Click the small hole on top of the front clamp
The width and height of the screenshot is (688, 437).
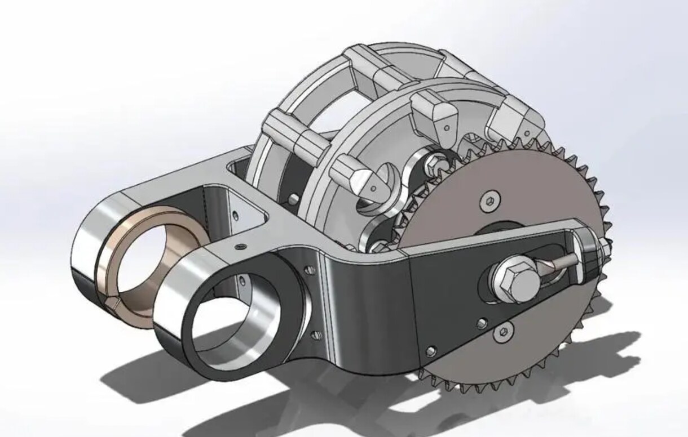tap(241, 246)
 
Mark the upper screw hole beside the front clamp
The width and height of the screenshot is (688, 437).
tap(308, 271)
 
